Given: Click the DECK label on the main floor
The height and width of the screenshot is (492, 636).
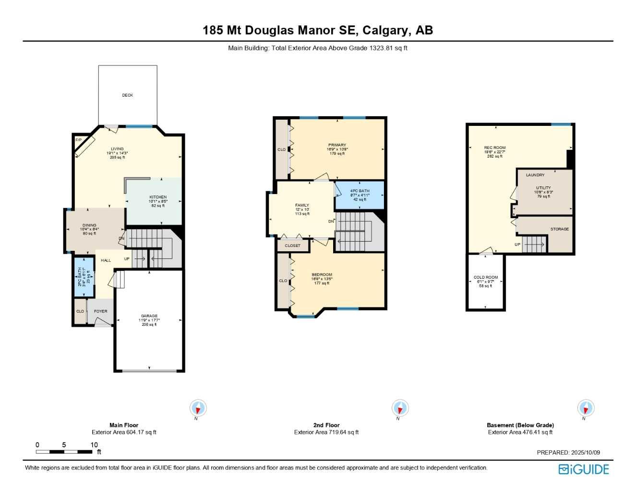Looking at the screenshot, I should coord(127,95).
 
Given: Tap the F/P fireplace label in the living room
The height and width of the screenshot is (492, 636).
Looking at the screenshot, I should coord(78,140).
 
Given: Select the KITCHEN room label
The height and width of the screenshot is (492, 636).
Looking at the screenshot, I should coord(158,197).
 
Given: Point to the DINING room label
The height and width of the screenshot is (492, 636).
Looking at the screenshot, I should coord(89,225).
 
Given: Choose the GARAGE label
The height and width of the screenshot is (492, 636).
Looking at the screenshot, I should coord(149,316).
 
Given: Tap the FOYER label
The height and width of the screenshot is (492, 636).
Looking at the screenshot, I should coord(101,311).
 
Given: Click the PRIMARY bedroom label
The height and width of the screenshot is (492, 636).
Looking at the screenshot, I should coord(337,145).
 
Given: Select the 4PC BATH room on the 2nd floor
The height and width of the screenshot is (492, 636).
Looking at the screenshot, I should coord(360,195).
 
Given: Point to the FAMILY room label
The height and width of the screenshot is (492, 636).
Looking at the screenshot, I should coord(302,205).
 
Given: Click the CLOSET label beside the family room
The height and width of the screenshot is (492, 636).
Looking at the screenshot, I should coord(292,246).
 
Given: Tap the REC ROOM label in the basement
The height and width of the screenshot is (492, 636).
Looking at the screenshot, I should coord(494,148).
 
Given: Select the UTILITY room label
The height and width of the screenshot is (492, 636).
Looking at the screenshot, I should coord(543,188).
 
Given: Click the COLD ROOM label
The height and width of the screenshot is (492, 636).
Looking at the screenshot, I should coord(486,277).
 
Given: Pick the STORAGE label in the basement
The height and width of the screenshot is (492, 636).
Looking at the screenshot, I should coord(559,229).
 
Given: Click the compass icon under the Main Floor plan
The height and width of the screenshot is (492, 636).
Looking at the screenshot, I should coord(198,408).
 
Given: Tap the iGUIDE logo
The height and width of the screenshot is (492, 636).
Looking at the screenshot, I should coord(584,469).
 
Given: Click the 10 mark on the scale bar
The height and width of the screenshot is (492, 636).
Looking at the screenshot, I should coord(94,445).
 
